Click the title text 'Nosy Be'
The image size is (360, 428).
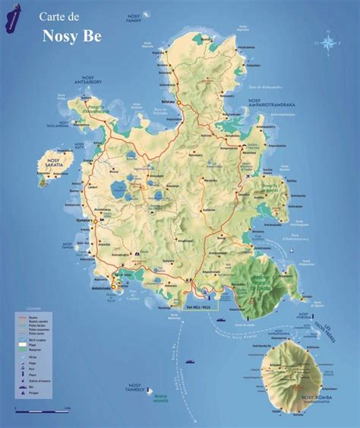63,34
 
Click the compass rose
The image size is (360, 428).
327,43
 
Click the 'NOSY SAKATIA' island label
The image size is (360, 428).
52,161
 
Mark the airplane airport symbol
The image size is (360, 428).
250,176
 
